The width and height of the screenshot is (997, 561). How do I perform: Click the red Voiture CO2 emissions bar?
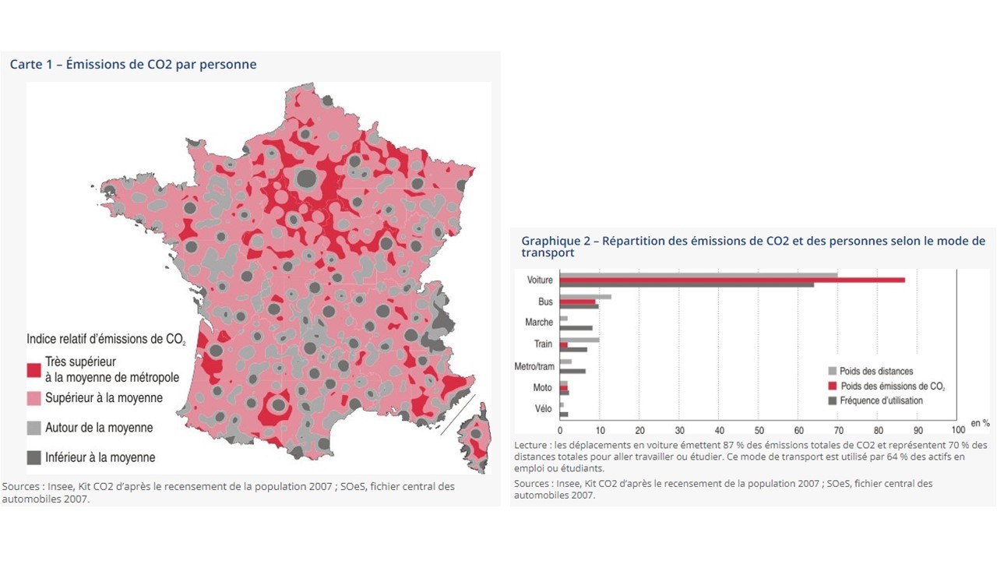[x=732, y=279]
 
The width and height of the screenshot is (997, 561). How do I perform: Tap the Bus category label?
[x=544, y=302]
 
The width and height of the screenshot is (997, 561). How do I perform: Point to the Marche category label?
[x=539, y=323]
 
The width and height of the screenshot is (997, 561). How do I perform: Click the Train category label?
[x=543, y=344]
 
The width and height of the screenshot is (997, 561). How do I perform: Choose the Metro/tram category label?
[x=534, y=366]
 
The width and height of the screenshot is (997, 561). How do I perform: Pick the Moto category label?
[x=542, y=387]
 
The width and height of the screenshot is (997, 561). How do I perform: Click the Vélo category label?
[x=543, y=408]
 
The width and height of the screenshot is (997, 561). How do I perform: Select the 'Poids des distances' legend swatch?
[x=832, y=372]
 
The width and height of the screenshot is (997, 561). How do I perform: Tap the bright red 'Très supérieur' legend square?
[x=33, y=369]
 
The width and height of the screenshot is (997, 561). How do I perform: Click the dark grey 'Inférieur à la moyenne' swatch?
[x=33, y=457]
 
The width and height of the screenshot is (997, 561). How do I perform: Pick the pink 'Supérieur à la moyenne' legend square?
[x=33, y=398]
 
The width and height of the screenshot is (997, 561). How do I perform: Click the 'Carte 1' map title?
[x=132, y=65]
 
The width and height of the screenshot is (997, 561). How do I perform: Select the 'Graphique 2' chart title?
[x=752, y=246]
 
